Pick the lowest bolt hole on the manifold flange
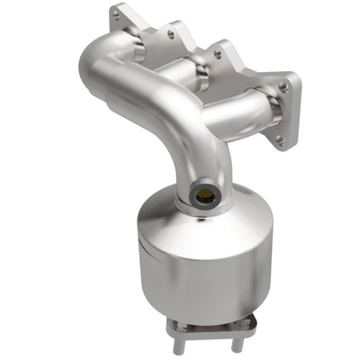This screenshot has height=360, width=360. point(278,139)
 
